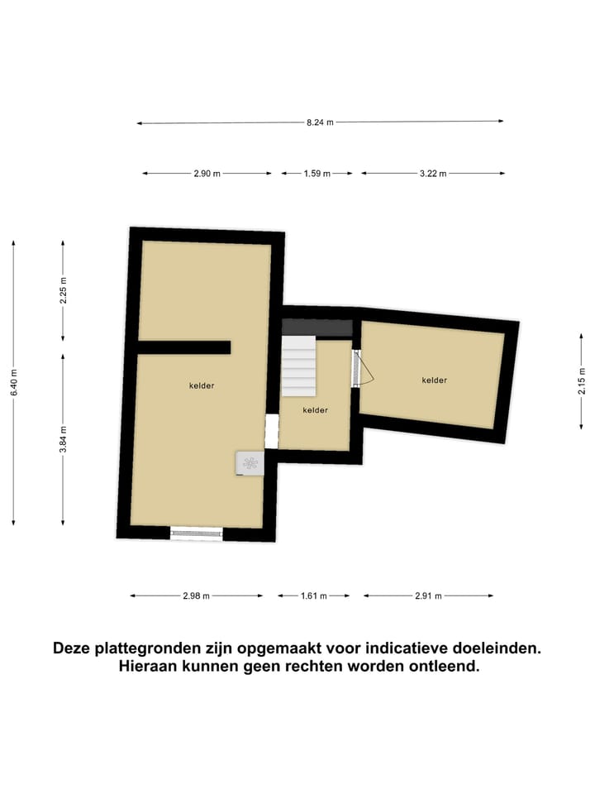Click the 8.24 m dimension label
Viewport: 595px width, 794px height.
point(320,122)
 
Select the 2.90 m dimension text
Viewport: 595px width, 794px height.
point(207,174)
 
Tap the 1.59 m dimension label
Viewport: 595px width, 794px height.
point(317,174)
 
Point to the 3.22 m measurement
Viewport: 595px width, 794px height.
point(432,174)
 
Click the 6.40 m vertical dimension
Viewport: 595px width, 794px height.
point(14,381)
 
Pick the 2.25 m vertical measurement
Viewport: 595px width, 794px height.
point(63,290)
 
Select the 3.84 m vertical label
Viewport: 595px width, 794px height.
point(63,438)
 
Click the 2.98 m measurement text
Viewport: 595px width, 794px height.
point(196,595)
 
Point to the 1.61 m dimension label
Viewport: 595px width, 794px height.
point(312,595)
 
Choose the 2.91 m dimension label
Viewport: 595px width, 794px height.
point(428,595)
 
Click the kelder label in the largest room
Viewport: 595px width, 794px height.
point(202,385)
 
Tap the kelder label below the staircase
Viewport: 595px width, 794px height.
point(316,410)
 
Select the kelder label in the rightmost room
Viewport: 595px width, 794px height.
point(434,380)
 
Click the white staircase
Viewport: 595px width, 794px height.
point(299,366)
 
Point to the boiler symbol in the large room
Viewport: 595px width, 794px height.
point(250,463)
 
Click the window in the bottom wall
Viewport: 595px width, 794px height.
point(197,533)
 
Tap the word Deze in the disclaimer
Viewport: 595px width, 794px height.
point(73,648)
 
